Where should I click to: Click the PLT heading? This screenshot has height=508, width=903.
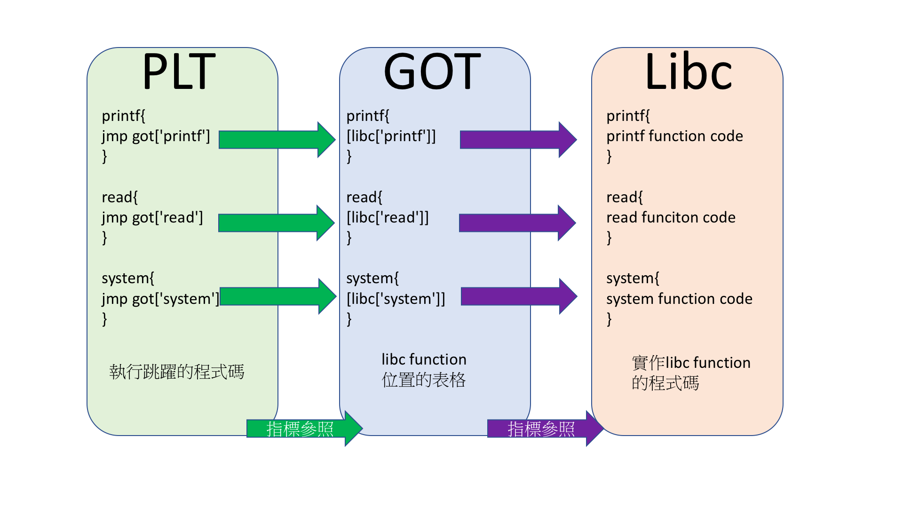point(179,71)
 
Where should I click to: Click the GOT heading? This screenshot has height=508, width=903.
point(432,71)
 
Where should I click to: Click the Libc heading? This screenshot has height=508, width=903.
point(688,71)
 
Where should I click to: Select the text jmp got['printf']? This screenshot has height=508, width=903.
point(156,136)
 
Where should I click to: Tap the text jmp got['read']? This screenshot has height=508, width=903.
point(152,218)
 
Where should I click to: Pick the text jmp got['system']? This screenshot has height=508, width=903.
point(160,299)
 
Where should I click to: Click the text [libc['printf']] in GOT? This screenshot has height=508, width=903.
point(391,136)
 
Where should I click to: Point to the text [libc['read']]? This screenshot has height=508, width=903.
point(388,218)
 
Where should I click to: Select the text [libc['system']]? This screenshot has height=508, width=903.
point(396,299)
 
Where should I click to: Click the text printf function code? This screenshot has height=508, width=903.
point(674,136)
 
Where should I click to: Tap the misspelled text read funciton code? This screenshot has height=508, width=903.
point(671,218)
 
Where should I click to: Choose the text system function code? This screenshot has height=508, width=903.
point(679,299)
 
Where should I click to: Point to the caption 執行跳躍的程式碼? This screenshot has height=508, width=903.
point(177,372)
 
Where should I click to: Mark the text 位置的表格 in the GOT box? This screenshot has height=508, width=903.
point(423,380)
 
